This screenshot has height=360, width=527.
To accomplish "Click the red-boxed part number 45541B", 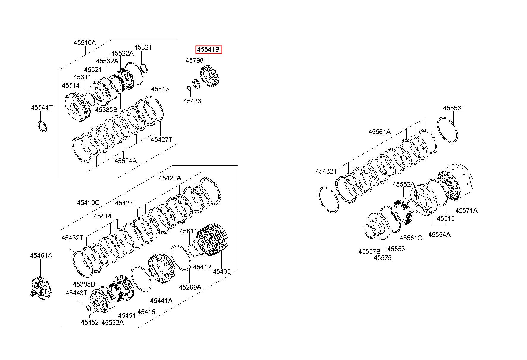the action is tap(208, 50).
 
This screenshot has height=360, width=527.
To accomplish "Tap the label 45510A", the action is tap(85, 43).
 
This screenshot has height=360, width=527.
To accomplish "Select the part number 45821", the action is tap(143, 47).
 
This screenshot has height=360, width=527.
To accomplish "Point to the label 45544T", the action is tap(42, 107).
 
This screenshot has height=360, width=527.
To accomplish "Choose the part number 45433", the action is tap(192, 101).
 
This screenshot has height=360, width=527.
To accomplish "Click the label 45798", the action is tap(195, 60).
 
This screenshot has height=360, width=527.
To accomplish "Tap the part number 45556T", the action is tap(454, 108).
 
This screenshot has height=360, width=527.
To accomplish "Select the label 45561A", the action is tap(379, 132).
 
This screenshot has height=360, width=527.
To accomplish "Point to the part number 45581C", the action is tap(411, 238).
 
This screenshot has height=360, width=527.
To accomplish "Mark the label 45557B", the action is tap(369, 251).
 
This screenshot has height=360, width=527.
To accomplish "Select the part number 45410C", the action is tap(88, 202).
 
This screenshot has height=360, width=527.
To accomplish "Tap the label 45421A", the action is tap(170, 178).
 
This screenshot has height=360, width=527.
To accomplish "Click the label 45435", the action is tap(222, 271).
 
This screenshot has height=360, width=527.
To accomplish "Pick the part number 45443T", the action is tap(77, 293).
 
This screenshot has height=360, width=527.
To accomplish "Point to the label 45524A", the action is tap(126, 161).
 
